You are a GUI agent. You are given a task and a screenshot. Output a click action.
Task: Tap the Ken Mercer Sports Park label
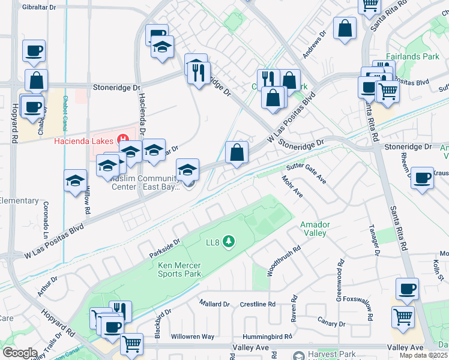(179, 269)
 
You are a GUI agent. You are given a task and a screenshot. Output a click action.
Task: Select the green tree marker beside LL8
(228, 242)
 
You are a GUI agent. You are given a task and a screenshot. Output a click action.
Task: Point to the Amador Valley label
(313, 229)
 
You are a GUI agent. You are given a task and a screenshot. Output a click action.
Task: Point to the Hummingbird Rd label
(267, 337)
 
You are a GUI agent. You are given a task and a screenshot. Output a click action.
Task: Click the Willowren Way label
(193, 337)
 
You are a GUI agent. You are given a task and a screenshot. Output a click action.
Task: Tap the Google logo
(20, 353)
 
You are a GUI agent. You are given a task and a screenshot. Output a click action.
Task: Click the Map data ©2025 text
(424, 355)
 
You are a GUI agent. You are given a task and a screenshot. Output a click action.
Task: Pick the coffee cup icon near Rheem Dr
(423, 178)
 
